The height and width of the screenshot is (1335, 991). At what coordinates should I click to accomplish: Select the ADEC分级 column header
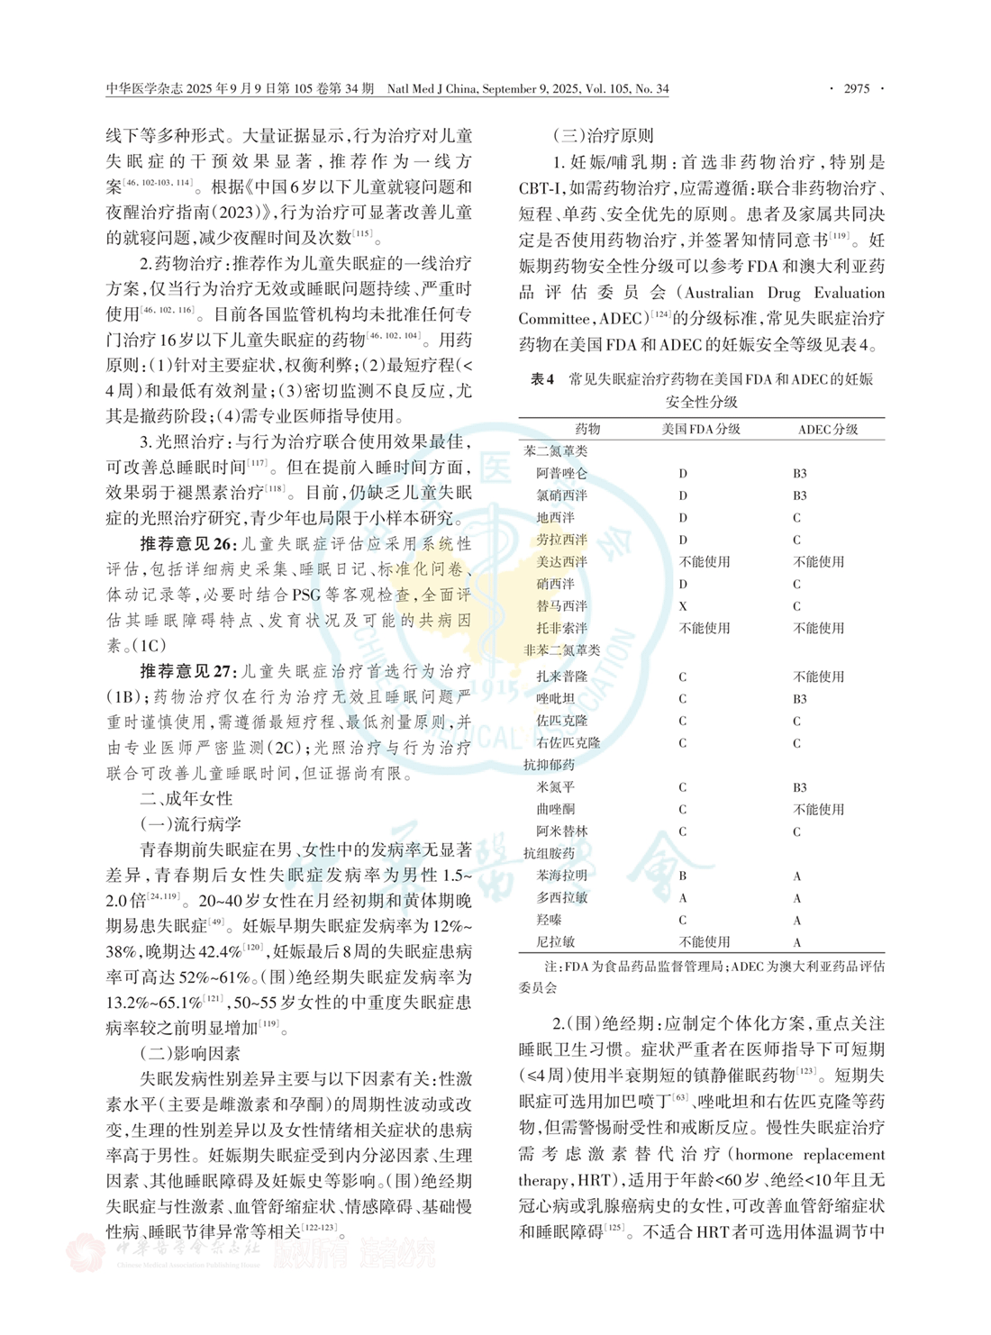pos(827,430)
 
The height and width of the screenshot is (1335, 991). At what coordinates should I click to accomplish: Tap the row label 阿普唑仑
pos(561,473)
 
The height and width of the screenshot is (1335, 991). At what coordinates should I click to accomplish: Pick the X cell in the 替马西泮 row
pos(683,606)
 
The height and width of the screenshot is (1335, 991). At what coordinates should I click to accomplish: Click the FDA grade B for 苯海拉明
pos(683,876)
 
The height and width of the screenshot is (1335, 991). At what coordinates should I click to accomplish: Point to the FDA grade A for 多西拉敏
pos(683,898)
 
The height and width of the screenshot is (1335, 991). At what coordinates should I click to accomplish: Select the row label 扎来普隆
pos(561,677)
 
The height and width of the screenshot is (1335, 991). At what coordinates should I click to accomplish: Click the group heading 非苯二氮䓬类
pos(561,650)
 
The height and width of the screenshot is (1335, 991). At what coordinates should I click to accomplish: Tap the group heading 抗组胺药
pos(549,853)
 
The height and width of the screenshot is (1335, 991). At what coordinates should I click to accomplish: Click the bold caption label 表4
pos(542,379)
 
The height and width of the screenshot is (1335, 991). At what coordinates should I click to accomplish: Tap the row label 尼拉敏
pos(555,942)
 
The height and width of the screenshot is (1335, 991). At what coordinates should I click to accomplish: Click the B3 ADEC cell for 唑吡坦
pos(799,699)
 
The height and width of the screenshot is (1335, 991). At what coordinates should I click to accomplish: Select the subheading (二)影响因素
pos(189,1053)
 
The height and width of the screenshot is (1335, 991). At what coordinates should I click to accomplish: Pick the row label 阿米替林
pos(561,831)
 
